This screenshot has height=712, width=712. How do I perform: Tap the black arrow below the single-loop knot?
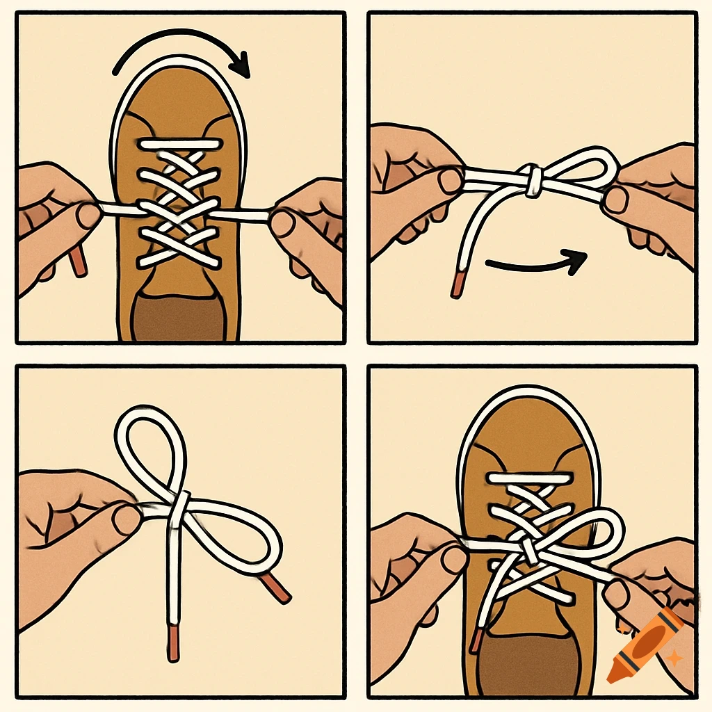pyautogui.click(x=535, y=264)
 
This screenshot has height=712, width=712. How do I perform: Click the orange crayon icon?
pyautogui.click(x=643, y=644)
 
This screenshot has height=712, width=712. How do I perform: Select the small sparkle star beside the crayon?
pyautogui.click(x=672, y=656)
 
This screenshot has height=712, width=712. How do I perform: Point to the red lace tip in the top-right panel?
pyautogui.click(x=457, y=285)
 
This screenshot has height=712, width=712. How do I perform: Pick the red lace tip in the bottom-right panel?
pyautogui.click(x=476, y=640)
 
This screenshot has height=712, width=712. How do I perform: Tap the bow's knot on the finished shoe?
pyautogui.click(x=528, y=551)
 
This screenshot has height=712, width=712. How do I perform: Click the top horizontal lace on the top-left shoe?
pyautogui.click(x=179, y=144)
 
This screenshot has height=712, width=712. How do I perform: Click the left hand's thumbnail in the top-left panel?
pyautogui.click(x=88, y=215)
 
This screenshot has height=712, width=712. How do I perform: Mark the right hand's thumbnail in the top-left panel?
pyautogui.click(x=282, y=222)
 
